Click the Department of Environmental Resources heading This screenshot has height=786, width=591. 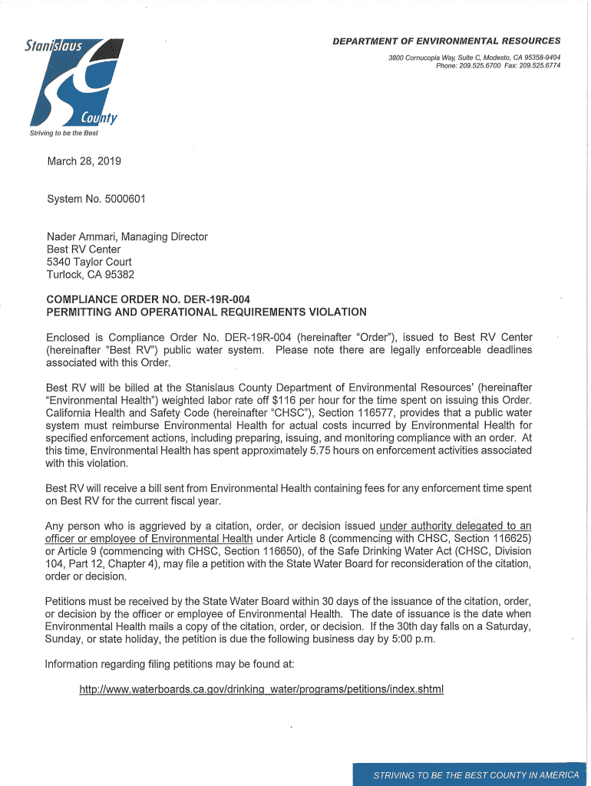446,41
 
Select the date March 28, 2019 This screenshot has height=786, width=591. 84,161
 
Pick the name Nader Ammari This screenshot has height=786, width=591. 78,236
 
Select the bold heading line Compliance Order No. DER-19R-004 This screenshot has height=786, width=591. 148,299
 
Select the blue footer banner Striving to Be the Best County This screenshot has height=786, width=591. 470,774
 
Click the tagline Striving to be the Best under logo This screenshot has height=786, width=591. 64,133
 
